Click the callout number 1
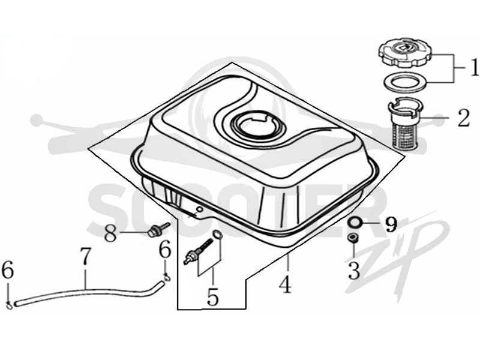(x=473, y=68)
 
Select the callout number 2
(x=464, y=118)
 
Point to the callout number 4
(x=285, y=284)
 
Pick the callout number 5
(x=213, y=296)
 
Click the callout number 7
(x=85, y=256)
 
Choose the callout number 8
(x=111, y=233)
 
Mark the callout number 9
(x=391, y=224)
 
